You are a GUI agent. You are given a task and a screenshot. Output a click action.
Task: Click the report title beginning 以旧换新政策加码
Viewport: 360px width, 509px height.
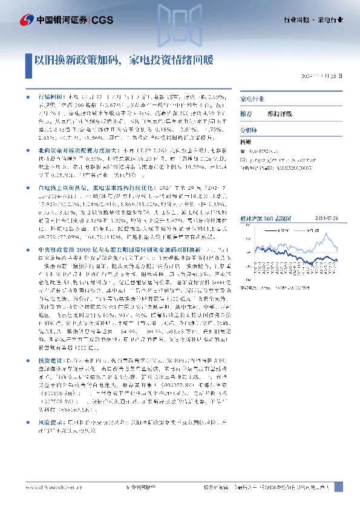(123, 60)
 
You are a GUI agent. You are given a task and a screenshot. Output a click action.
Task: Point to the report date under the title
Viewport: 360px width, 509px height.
(325, 77)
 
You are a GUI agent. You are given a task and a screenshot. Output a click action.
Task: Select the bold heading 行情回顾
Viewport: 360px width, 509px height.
(50, 96)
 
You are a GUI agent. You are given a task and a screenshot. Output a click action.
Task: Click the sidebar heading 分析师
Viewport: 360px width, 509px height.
(249, 129)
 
